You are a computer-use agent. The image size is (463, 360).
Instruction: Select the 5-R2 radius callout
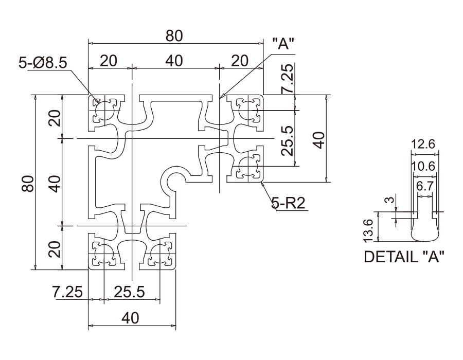pyautogui.click(x=288, y=204)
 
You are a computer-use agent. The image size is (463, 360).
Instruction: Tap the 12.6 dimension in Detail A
pyautogui.click(x=424, y=145)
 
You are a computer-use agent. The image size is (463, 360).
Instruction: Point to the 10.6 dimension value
pyautogui.click(x=424, y=166)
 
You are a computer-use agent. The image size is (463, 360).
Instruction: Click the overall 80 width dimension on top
pyautogui.click(x=174, y=36)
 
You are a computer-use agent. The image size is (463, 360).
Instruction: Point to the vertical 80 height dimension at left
pyautogui.click(x=29, y=182)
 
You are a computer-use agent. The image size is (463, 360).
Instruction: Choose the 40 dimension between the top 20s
pyautogui.click(x=174, y=60)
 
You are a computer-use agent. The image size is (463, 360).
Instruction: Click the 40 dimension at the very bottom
pyautogui.click(x=131, y=318)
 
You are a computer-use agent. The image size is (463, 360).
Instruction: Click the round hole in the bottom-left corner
pyautogui.click(x=104, y=254)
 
